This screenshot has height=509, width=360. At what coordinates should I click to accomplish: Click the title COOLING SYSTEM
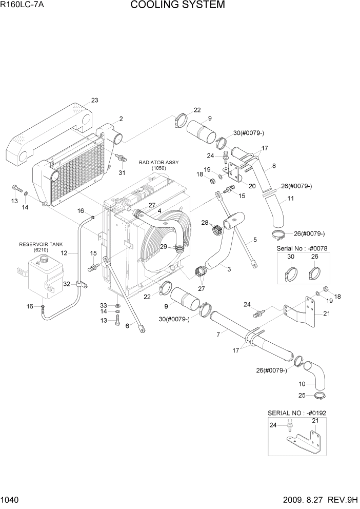coord(177,6)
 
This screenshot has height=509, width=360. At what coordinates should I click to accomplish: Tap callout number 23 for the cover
coord(94,100)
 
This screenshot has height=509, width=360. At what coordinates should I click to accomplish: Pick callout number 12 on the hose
coord(64,253)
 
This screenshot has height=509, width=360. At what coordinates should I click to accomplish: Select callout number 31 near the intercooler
coord(122,172)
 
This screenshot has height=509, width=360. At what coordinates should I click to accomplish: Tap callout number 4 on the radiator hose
coord(159,210)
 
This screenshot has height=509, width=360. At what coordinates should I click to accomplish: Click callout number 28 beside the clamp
coord(205,222)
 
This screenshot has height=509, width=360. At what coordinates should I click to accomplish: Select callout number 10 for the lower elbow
coord(301,383)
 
